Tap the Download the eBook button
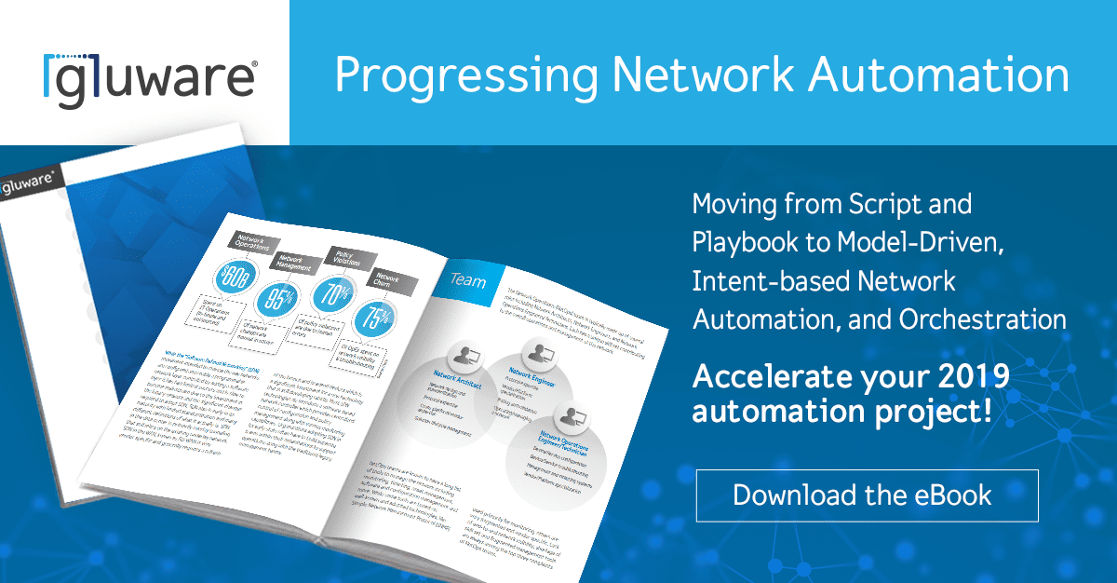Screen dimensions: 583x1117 pyautogui.click(x=867, y=495)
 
